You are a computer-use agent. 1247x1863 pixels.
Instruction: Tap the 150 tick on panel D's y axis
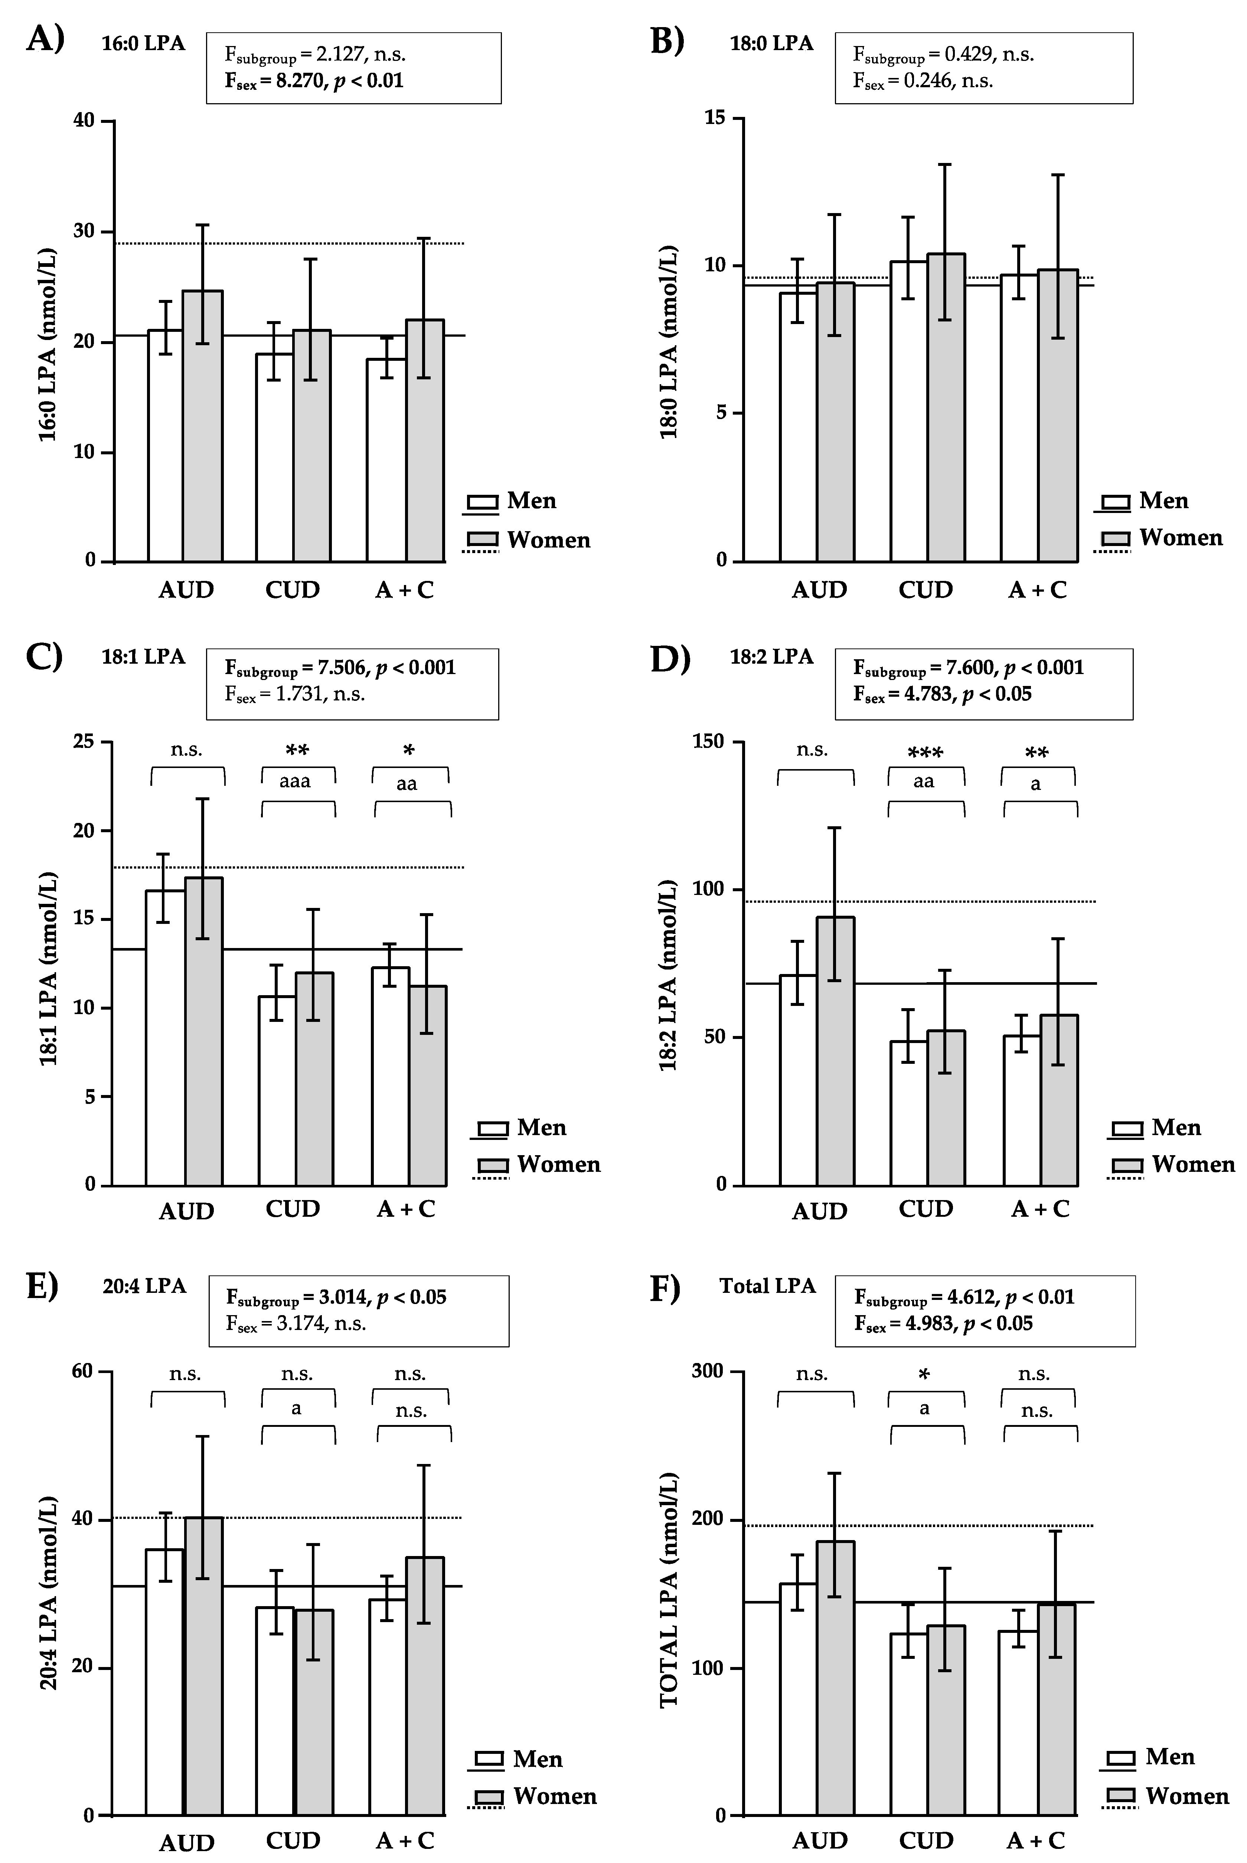709,742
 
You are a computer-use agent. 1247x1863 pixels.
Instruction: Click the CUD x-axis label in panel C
293,1209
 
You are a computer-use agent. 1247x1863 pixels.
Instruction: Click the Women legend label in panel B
1180,538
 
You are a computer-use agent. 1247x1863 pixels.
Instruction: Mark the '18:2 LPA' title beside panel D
771,657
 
